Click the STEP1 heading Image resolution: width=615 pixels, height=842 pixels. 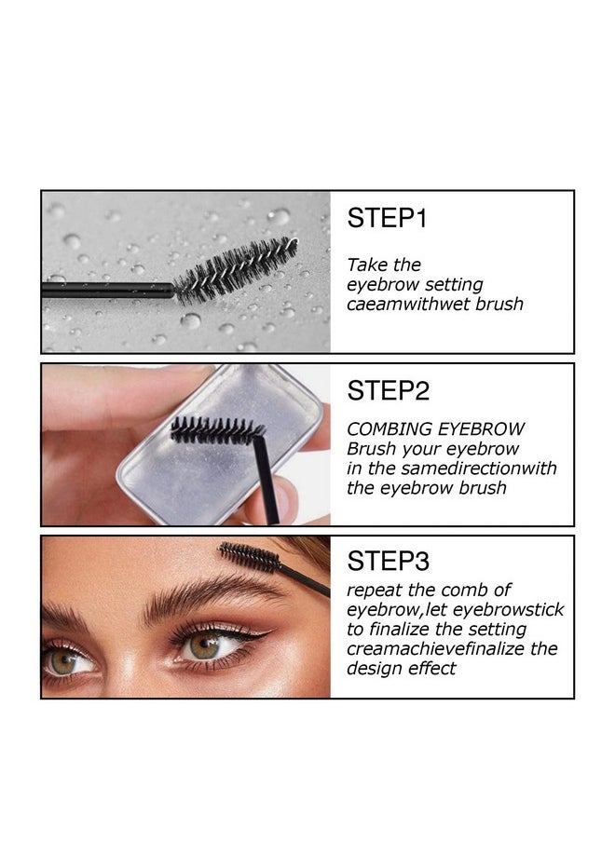[387, 219]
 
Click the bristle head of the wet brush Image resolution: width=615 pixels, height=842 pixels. [238, 269]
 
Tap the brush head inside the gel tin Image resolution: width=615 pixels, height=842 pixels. [216, 430]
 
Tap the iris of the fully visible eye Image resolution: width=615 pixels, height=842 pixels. [204, 645]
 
